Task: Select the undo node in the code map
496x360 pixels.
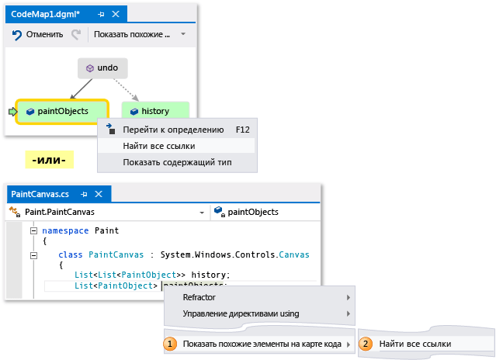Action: (102, 68)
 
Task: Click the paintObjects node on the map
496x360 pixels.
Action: (62, 111)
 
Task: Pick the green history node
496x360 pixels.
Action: (154, 111)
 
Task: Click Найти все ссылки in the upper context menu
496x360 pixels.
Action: (158, 146)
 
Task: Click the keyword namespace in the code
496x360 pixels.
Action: (66, 230)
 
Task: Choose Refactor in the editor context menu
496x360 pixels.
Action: (199, 297)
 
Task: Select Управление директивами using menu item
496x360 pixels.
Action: (241, 314)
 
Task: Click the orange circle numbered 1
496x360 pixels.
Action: (169, 344)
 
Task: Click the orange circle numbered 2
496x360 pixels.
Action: (366, 344)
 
